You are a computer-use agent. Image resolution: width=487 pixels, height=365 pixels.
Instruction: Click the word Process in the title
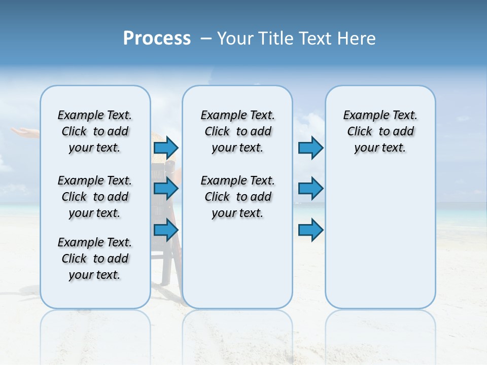[157, 39]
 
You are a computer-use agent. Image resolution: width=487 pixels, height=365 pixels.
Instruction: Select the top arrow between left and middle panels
[166, 148]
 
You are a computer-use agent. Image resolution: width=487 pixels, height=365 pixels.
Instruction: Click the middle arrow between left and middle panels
[166, 189]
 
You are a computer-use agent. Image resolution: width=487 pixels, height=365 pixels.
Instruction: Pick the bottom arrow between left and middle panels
[166, 230]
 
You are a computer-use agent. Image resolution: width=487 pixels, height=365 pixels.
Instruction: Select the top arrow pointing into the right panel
[310, 148]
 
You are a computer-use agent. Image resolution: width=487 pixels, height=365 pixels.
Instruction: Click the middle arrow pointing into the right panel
[310, 189]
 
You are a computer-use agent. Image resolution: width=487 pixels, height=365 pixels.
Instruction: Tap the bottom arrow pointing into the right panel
[310, 230]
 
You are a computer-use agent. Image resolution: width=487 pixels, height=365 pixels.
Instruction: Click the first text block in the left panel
[95, 131]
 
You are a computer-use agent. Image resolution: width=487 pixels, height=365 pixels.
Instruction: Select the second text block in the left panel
[95, 197]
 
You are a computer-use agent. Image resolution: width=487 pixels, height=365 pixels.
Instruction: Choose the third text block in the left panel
[95, 259]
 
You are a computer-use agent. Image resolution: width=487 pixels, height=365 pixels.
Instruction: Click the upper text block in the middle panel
[238, 131]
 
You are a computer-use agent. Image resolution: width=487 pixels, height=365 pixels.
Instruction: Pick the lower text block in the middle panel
[238, 197]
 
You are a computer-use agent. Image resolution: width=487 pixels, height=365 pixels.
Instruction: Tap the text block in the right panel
[380, 131]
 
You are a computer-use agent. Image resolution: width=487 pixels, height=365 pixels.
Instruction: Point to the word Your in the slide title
[235, 39]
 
